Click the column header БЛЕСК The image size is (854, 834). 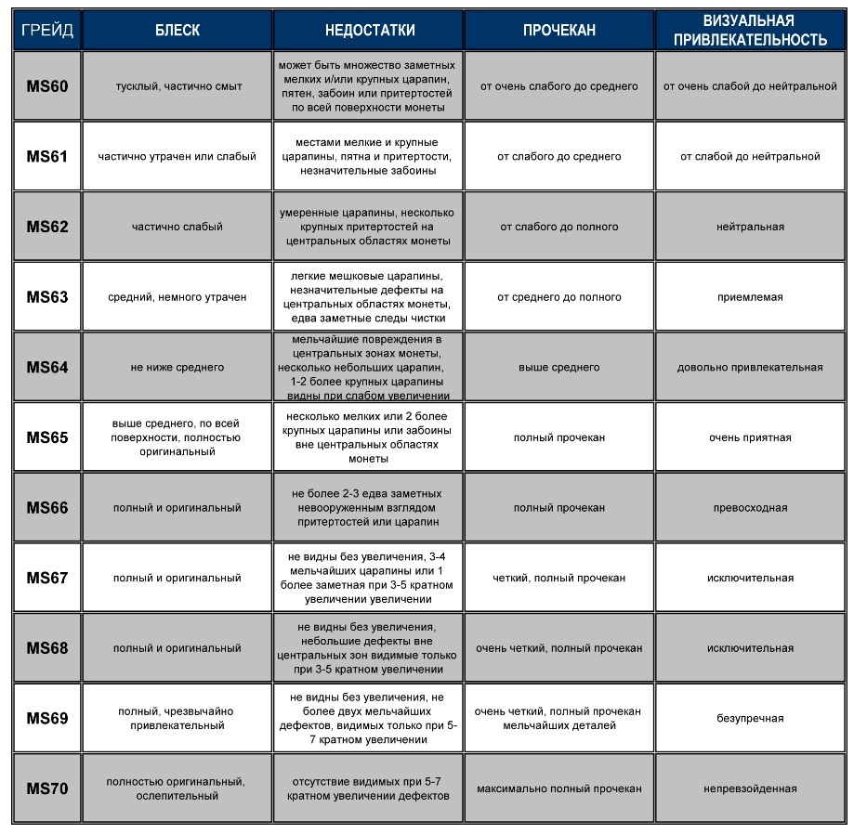(177, 31)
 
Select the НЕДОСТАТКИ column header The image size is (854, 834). (369, 31)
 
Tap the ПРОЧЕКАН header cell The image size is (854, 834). (558, 31)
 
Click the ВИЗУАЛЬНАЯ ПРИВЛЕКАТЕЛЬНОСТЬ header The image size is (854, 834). (750, 31)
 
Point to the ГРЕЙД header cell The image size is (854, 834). (46, 31)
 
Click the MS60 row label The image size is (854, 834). (46, 86)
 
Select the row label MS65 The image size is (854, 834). (46, 437)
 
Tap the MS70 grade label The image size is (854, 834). (46, 789)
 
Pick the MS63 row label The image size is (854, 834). (46, 297)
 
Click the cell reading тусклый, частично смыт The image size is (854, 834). (177, 86)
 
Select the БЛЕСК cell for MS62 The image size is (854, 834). (177, 227)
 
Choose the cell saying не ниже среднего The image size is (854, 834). (177, 368)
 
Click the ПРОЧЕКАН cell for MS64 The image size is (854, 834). (558, 368)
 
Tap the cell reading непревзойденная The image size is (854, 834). (750, 789)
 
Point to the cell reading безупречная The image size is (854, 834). (750, 719)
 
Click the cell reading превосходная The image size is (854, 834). (750, 508)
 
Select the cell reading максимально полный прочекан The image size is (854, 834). (558, 789)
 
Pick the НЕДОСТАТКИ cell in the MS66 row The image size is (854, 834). (369, 508)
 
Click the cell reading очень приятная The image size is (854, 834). (750, 437)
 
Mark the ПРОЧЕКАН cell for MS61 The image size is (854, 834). (558, 157)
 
